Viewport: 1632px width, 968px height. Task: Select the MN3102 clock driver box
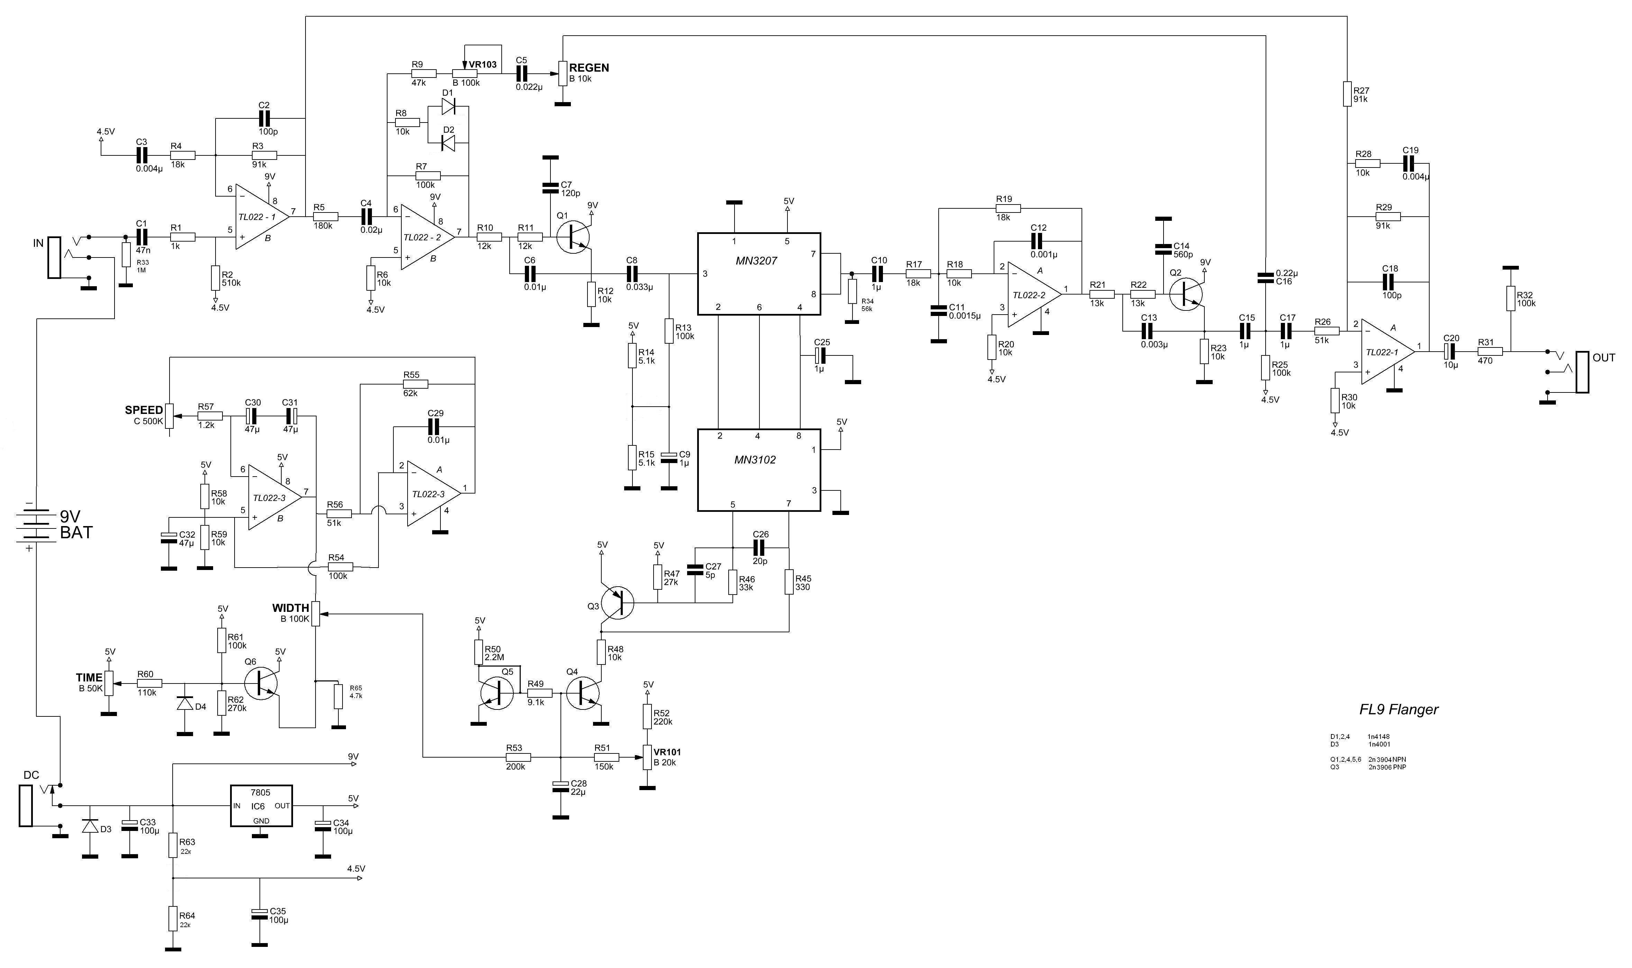pos(758,470)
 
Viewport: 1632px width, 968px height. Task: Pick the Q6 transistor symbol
pos(261,684)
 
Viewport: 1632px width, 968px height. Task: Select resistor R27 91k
pos(1347,93)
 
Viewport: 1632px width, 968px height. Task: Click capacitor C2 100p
pos(264,118)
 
